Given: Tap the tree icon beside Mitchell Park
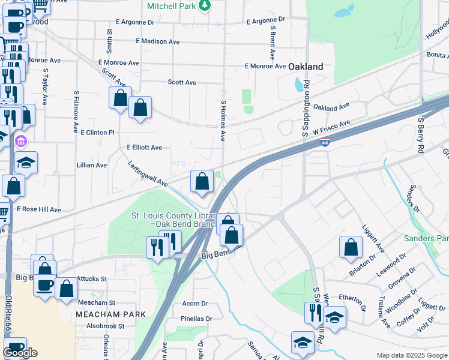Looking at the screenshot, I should (x=205, y=5).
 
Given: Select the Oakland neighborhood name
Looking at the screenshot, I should (x=306, y=67).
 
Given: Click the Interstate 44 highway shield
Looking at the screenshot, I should (x=324, y=142).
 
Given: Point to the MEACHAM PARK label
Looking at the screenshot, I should (x=110, y=314).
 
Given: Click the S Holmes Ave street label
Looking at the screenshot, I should (x=223, y=120).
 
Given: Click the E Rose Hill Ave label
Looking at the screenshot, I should (x=38, y=209).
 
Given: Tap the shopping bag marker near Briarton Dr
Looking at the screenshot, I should (x=351, y=247).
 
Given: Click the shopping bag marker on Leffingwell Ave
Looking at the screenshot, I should (x=202, y=181).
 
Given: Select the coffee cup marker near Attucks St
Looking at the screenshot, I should (x=45, y=285).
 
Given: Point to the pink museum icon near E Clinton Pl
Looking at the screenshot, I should (x=20, y=142).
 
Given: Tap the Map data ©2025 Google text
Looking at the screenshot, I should (x=411, y=355).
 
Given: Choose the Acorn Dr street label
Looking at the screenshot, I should (x=194, y=304).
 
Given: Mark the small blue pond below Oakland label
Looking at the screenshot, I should (x=300, y=85).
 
